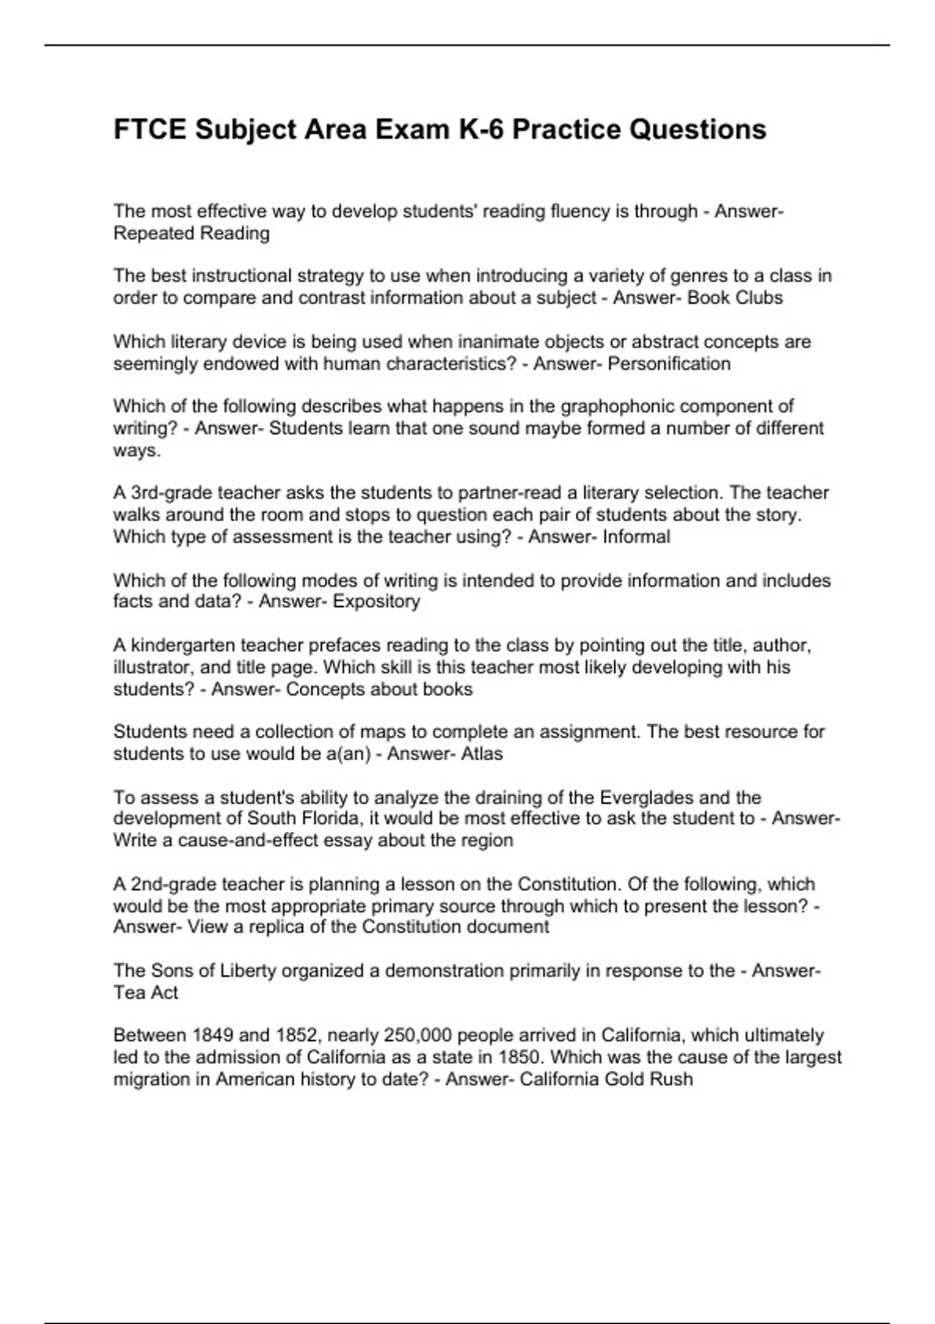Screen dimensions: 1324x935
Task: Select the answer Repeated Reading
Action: point(192,234)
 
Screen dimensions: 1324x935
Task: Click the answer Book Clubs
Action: point(735,298)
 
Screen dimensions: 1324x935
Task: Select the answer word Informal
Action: point(637,537)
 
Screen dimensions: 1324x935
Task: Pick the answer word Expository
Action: point(376,601)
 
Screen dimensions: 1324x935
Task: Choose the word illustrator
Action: point(152,667)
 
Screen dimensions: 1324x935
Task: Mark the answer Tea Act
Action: point(146,993)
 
